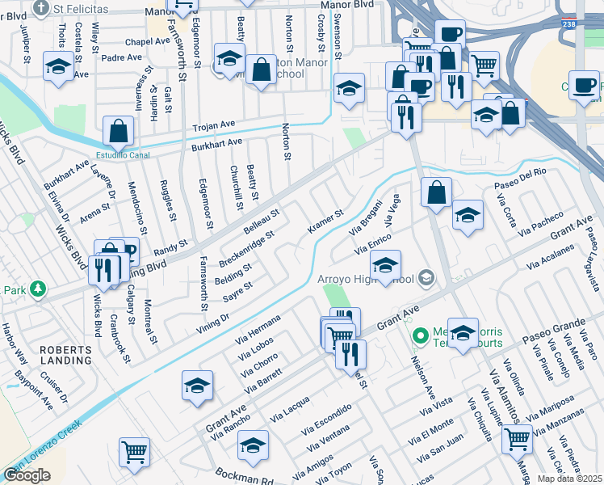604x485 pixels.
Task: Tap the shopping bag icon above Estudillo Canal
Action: click(118, 129)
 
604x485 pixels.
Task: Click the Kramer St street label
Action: click(325, 221)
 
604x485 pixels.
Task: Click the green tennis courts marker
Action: click(419, 334)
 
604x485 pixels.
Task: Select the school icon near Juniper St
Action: click(57, 68)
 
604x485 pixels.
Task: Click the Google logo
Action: click(27, 474)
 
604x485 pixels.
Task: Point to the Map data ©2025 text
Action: click(568, 479)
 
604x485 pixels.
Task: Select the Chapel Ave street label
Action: click(146, 41)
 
